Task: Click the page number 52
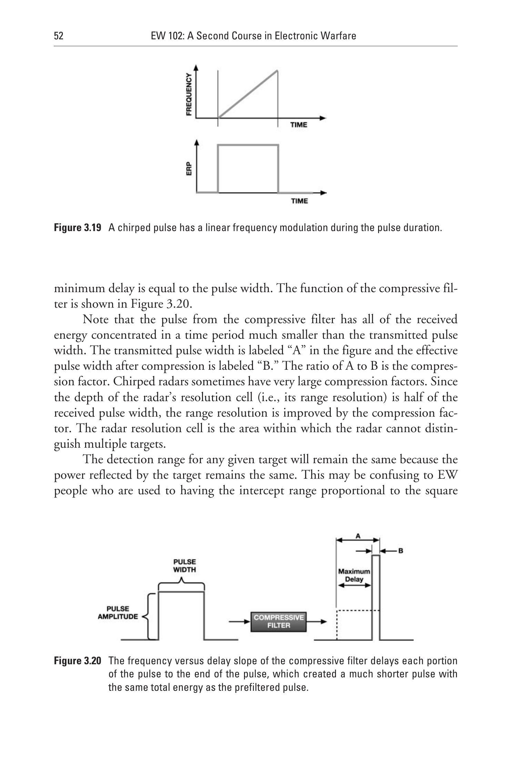[59, 36]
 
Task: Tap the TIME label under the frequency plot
[298, 125]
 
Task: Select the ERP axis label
[189, 169]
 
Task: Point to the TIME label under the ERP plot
[299, 201]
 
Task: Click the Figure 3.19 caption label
[78, 228]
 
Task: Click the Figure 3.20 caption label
[78, 661]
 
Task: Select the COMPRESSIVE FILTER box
[278, 621]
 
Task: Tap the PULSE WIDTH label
[184, 566]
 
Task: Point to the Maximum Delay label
[354, 575]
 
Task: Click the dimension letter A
[358, 536]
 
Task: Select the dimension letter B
[401, 551]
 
